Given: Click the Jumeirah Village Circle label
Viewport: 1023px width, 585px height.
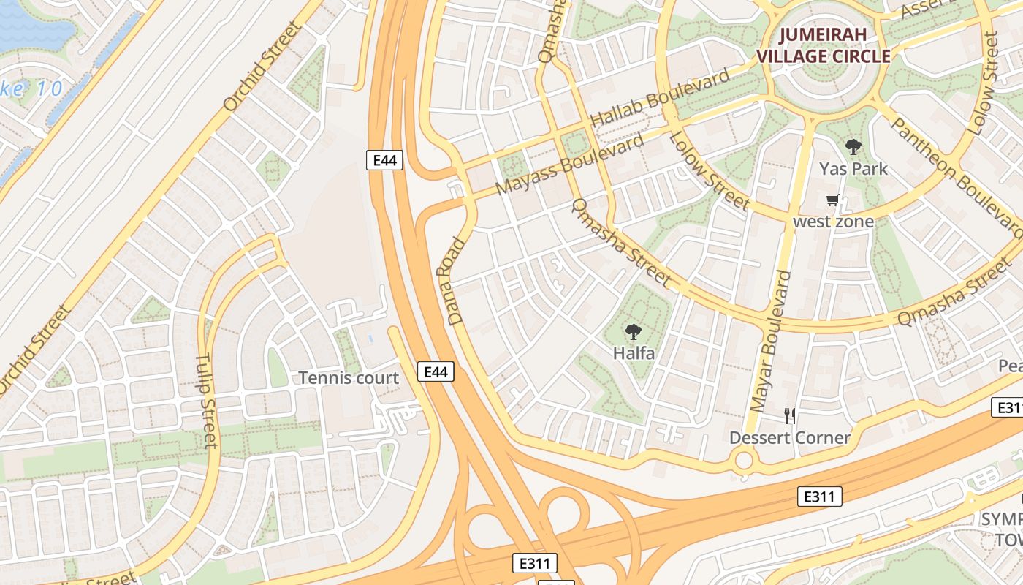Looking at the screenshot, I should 823,45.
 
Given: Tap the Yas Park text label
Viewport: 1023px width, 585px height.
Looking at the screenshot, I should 853,169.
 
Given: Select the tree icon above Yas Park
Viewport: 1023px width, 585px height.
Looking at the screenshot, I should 853,147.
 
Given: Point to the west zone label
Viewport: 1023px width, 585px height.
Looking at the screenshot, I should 833,221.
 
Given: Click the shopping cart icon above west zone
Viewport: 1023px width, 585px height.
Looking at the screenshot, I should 832,200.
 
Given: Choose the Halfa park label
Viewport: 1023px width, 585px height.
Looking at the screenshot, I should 634,354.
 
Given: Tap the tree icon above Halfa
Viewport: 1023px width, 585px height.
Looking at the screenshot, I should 634,332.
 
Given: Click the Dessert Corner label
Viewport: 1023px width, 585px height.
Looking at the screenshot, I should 790,438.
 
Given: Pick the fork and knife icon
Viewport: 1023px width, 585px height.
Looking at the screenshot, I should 789,416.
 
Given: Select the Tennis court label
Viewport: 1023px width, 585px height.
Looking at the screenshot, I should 349,378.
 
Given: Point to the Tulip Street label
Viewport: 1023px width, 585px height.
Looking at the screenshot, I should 205,401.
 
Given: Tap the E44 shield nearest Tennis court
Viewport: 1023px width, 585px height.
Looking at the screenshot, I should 436,371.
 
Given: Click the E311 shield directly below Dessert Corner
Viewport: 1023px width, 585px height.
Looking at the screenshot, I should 819,497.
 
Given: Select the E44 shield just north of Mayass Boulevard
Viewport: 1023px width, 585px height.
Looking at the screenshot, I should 384,160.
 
